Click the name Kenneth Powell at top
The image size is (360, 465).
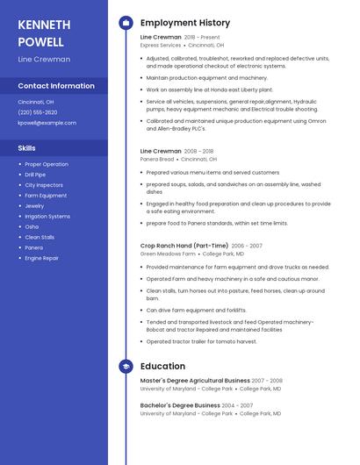pos(40,32)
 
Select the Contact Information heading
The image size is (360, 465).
pos(56,86)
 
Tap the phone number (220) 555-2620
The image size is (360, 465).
pos(38,112)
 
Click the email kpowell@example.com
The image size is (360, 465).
pos(47,123)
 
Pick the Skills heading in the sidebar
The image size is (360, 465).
pos(27,148)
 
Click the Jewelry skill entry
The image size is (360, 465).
pos(34,206)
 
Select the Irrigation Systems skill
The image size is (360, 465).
pos(47,217)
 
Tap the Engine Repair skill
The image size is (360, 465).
pos(42,258)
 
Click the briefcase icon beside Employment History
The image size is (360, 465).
pos(126,23)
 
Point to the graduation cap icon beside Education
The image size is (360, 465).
pos(126,366)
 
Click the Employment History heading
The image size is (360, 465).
pos(185,23)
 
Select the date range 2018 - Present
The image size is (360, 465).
pos(202,38)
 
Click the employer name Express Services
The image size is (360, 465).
pos(161,45)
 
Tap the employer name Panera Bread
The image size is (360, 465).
pos(157,159)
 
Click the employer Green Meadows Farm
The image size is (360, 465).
pos(168,254)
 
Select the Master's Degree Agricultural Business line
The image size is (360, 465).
pos(195,381)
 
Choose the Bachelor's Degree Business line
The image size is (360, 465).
pos(180,405)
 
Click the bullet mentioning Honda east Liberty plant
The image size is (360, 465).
pos(210,89)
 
